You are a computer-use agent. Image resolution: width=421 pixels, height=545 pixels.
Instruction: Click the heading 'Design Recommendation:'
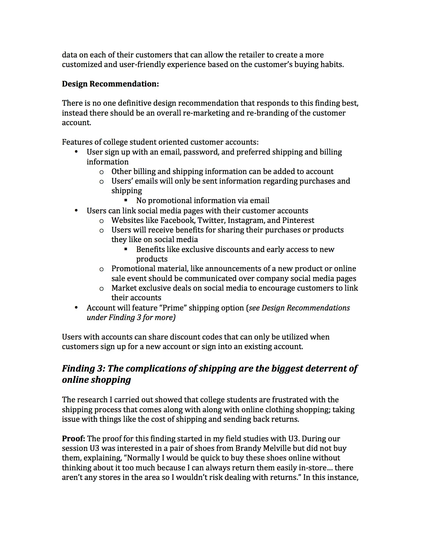click(110, 84)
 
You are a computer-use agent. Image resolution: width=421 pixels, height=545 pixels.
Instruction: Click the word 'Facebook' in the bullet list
click(177, 220)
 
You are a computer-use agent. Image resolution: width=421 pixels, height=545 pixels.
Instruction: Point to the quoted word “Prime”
click(173, 308)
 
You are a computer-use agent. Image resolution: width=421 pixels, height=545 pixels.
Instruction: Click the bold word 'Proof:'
click(73, 439)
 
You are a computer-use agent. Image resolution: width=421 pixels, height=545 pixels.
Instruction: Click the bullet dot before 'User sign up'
click(76, 152)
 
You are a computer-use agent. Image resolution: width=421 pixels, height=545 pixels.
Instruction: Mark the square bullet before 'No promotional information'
click(126, 200)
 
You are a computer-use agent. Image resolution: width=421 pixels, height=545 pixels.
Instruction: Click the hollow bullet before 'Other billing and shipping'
click(101, 172)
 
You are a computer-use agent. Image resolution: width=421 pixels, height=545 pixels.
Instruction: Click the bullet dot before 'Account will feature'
click(76, 308)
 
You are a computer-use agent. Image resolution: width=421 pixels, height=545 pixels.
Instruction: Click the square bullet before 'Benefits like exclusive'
click(126, 249)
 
